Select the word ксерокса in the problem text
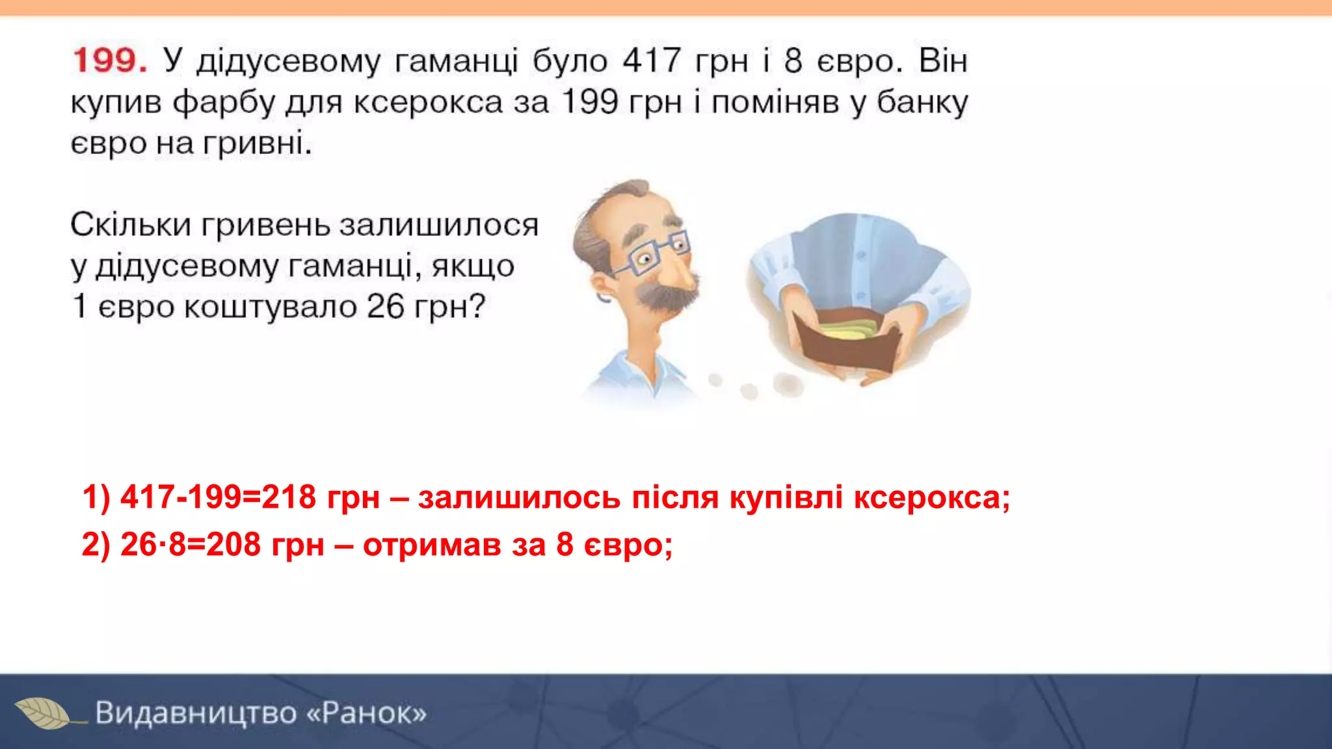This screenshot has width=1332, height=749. coord(428,103)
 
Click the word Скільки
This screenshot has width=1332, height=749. coord(130,225)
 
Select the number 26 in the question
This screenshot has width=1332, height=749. coord(385,306)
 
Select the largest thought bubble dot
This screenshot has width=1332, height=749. coord(788,385)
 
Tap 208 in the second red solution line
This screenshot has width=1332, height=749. coord(233,544)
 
